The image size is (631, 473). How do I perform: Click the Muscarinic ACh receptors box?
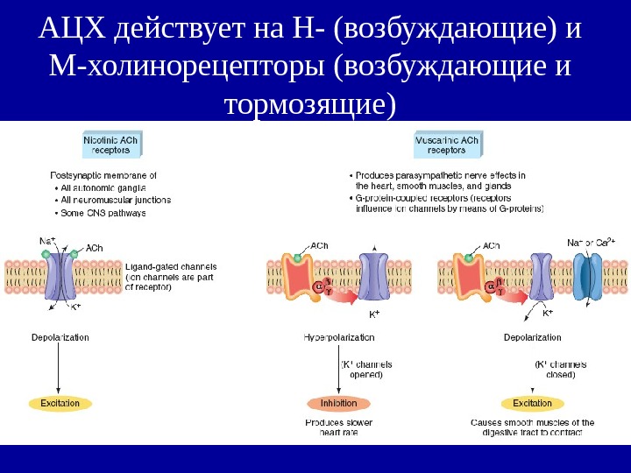click(446, 145)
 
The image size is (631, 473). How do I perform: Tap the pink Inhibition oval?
click(338, 403)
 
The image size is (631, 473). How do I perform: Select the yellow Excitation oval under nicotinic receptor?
click(59, 403)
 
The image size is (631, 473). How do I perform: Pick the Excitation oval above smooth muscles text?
click(532, 403)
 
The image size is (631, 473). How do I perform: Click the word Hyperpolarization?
click(338, 337)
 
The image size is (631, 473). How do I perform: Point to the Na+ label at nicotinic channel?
click(47, 240)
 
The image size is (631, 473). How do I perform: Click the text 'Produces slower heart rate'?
click(338, 427)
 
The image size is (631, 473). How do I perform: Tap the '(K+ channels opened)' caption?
click(365, 369)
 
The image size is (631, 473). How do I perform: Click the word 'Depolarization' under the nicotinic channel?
click(60, 337)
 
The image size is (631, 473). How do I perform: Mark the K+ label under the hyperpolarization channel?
click(374, 314)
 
